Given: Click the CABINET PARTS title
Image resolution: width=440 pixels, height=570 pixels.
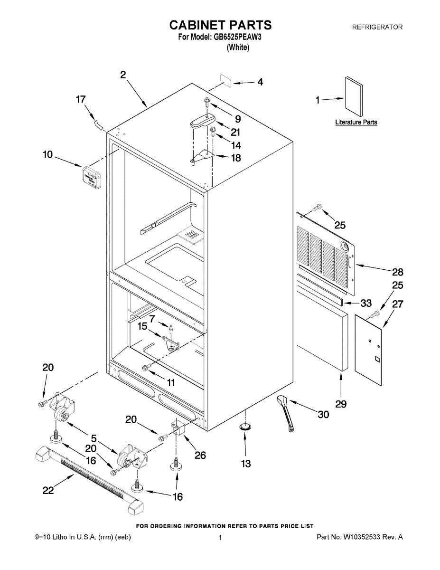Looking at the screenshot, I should pos(220,25).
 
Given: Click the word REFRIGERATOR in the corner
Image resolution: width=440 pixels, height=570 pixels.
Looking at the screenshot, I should pos(377,27).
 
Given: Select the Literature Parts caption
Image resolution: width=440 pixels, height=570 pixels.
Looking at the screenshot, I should pos(356,123).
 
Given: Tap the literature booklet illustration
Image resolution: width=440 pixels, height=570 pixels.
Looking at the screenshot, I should pos(354,98).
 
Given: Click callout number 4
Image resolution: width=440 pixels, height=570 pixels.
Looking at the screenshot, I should pos(260,82).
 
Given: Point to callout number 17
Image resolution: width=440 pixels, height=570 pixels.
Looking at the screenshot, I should pos(81,99).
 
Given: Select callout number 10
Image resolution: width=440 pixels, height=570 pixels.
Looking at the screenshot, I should pos(47,155).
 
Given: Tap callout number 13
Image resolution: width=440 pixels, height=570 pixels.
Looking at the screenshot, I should pos(245,464).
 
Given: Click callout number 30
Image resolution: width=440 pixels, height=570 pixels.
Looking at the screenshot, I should pos(323,415).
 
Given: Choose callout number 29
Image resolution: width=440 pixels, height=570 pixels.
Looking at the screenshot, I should pos(340,404).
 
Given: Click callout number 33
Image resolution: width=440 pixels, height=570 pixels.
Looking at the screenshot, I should pos(366,303).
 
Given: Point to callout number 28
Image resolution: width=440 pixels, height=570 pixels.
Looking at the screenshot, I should pos(397,272).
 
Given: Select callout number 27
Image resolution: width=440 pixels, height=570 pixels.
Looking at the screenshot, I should pos(397,304).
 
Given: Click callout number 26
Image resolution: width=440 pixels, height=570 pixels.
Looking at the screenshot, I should pos(200,455).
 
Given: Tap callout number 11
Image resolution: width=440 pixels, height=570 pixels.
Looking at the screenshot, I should pos(170,382).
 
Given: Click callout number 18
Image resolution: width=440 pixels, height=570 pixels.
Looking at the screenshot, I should pos(235,158).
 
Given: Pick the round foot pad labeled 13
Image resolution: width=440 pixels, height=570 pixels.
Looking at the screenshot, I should pos(245,427).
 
